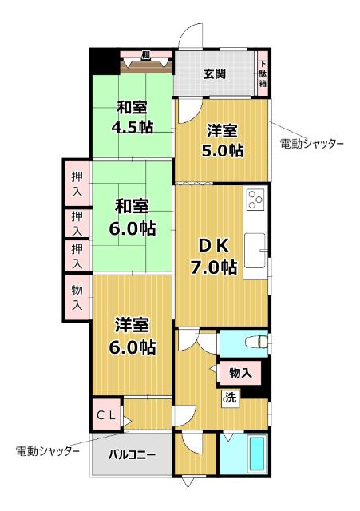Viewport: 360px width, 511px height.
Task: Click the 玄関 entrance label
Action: (x=214, y=75)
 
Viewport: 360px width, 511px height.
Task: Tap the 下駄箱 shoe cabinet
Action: (x=263, y=73)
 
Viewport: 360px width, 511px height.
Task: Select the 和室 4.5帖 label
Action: (x=133, y=117)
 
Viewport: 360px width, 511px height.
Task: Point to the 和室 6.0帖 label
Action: (x=133, y=216)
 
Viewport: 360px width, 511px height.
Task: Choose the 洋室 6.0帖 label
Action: (x=133, y=336)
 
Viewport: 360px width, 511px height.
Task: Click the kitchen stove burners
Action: (x=256, y=200)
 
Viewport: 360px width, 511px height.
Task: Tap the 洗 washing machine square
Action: (x=230, y=397)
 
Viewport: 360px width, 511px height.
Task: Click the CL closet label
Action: (x=107, y=414)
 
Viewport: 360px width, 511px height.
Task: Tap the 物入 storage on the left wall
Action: (x=77, y=296)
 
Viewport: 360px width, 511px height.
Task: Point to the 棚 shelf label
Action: (x=145, y=54)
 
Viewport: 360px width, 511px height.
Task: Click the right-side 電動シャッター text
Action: (x=312, y=144)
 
